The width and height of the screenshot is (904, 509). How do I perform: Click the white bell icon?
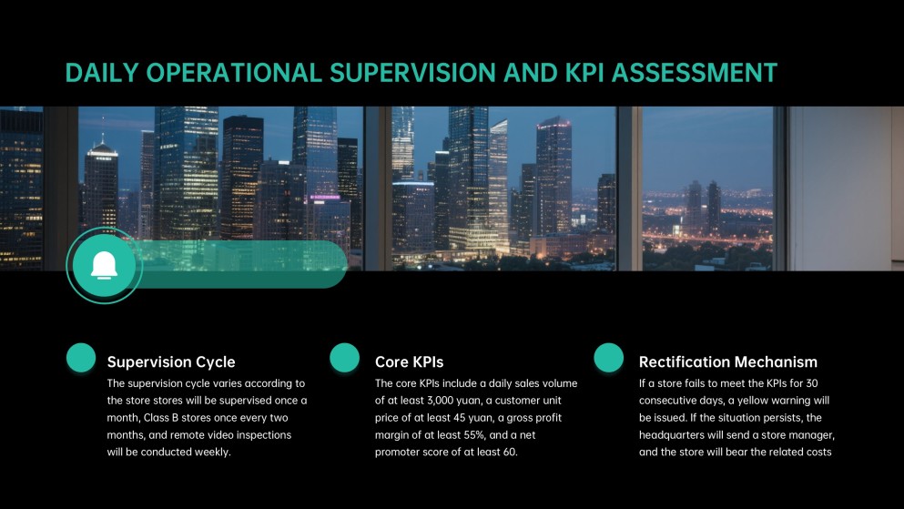point(104,265)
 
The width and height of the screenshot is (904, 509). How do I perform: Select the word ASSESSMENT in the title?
point(695,73)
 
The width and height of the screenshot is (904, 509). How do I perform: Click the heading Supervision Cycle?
point(171,361)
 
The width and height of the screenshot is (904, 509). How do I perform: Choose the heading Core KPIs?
point(409,361)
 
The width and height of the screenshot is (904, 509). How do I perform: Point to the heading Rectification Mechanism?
point(728,361)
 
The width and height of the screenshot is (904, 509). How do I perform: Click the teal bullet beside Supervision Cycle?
point(81,358)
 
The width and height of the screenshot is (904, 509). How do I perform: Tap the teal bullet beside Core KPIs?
point(344,358)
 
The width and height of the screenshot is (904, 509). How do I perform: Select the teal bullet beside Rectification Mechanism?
point(608,358)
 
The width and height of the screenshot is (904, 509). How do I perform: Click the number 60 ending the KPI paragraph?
point(507,451)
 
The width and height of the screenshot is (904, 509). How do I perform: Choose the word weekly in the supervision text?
point(210,452)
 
